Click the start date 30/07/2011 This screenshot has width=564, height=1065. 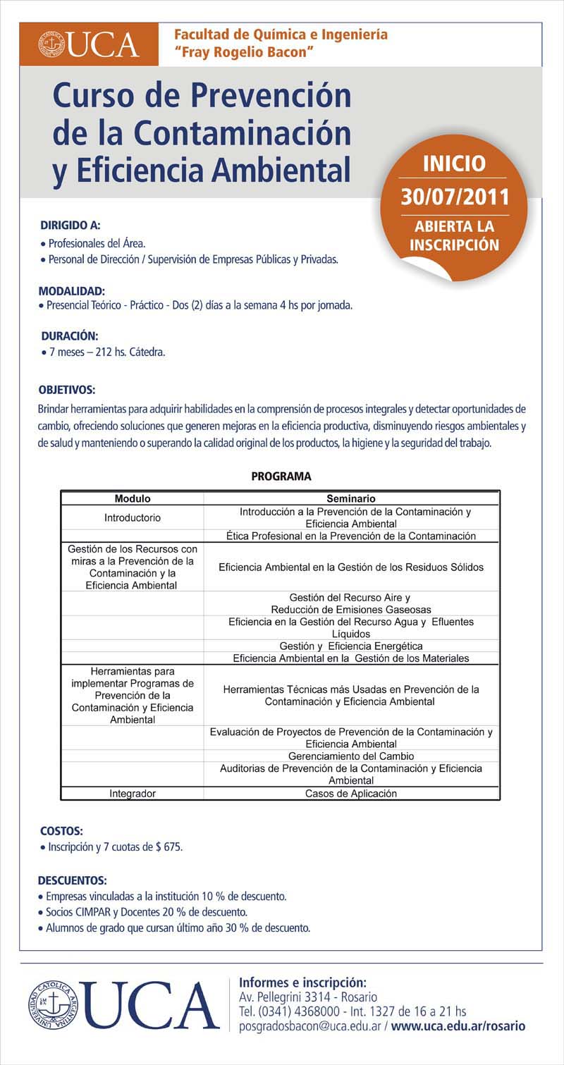tap(454, 195)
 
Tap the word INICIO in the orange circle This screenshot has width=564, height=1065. tap(454, 164)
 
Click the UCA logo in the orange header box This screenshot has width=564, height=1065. tap(90, 44)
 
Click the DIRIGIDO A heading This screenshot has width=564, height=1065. tap(70, 226)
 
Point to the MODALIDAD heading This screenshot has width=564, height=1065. tap(72, 290)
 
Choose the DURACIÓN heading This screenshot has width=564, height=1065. tap(69, 335)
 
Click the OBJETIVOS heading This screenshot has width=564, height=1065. tap(67, 390)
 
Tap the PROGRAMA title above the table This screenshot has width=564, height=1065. tap(281, 476)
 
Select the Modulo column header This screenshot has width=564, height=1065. tap(133, 498)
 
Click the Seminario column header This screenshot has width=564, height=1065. tap(351, 498)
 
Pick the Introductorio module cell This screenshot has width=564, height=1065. tap(133, 517)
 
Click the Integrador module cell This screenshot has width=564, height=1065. tap(133, 794)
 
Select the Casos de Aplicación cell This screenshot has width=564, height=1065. tap(351, 794)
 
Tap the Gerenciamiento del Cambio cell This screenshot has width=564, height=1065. tap(351, 756)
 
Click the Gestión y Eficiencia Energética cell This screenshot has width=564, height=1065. tap(351, 646)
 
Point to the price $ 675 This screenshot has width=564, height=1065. tap(173, 847)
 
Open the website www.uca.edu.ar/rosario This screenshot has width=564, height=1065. tap(458, 1027)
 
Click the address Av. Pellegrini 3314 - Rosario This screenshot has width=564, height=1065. tap(309, 997)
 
